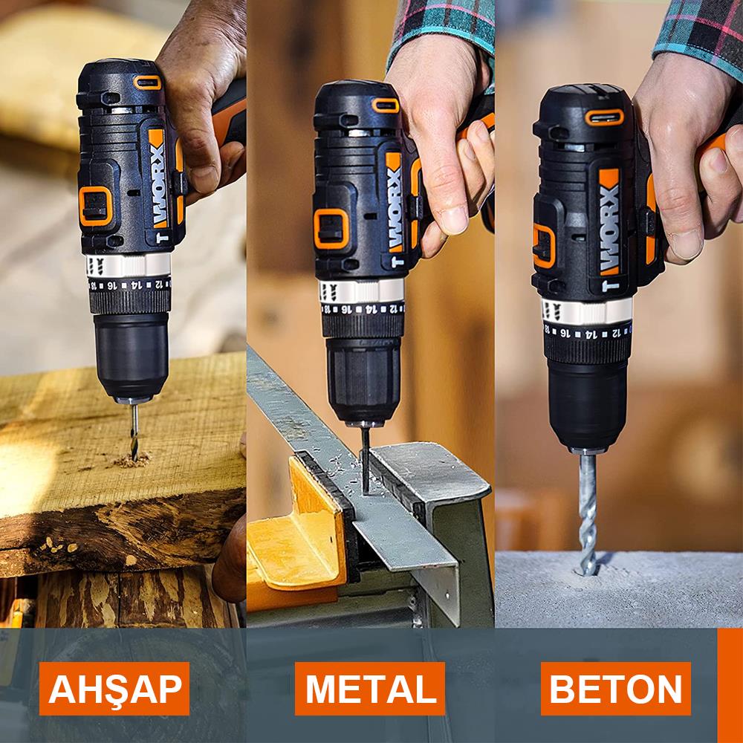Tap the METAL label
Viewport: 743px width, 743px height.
pos(370,689)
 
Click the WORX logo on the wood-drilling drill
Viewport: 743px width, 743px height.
pos(157,178)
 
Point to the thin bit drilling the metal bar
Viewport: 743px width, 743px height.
pos(365,457)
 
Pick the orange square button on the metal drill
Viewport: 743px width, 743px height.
pos(331,229)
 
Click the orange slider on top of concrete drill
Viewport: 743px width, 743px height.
pos(603,117)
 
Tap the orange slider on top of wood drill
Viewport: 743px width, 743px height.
pos(147,82)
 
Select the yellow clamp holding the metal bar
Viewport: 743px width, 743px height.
pos(297,535)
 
